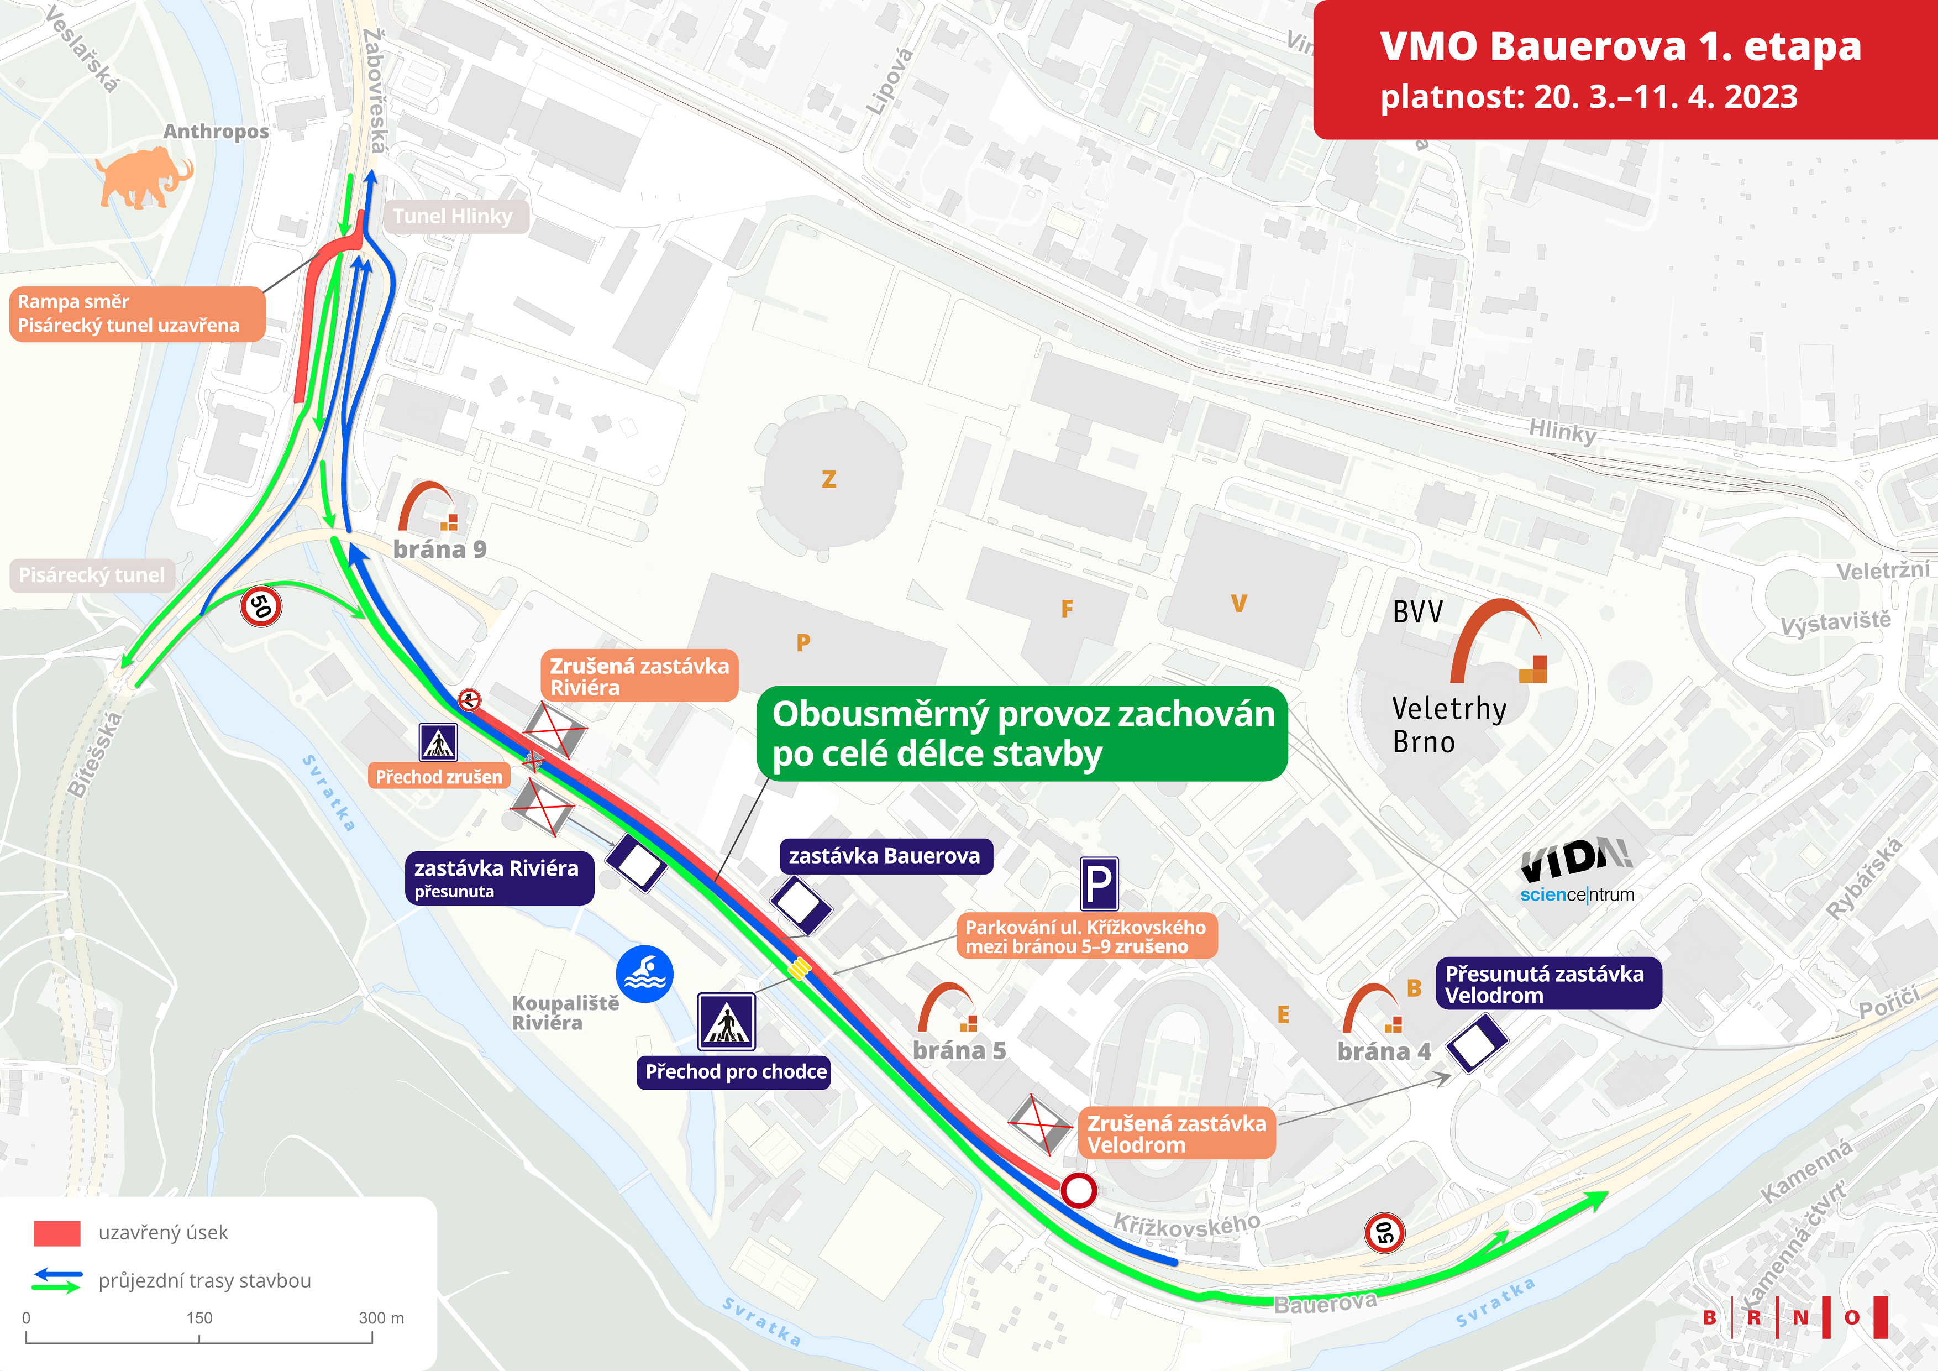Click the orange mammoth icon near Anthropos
point(143,177)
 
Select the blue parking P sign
point(1099,884)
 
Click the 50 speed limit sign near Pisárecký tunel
point(261,606)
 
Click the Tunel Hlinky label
point(453,217)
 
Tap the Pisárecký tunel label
point(92,575)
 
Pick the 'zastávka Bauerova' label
point(885,856)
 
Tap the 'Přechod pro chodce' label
point(735,1072)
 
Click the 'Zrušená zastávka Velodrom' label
point(1177,1134)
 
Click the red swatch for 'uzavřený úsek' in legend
point(56,1233)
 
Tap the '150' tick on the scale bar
point(199,1318)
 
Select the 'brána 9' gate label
point(440,550)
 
